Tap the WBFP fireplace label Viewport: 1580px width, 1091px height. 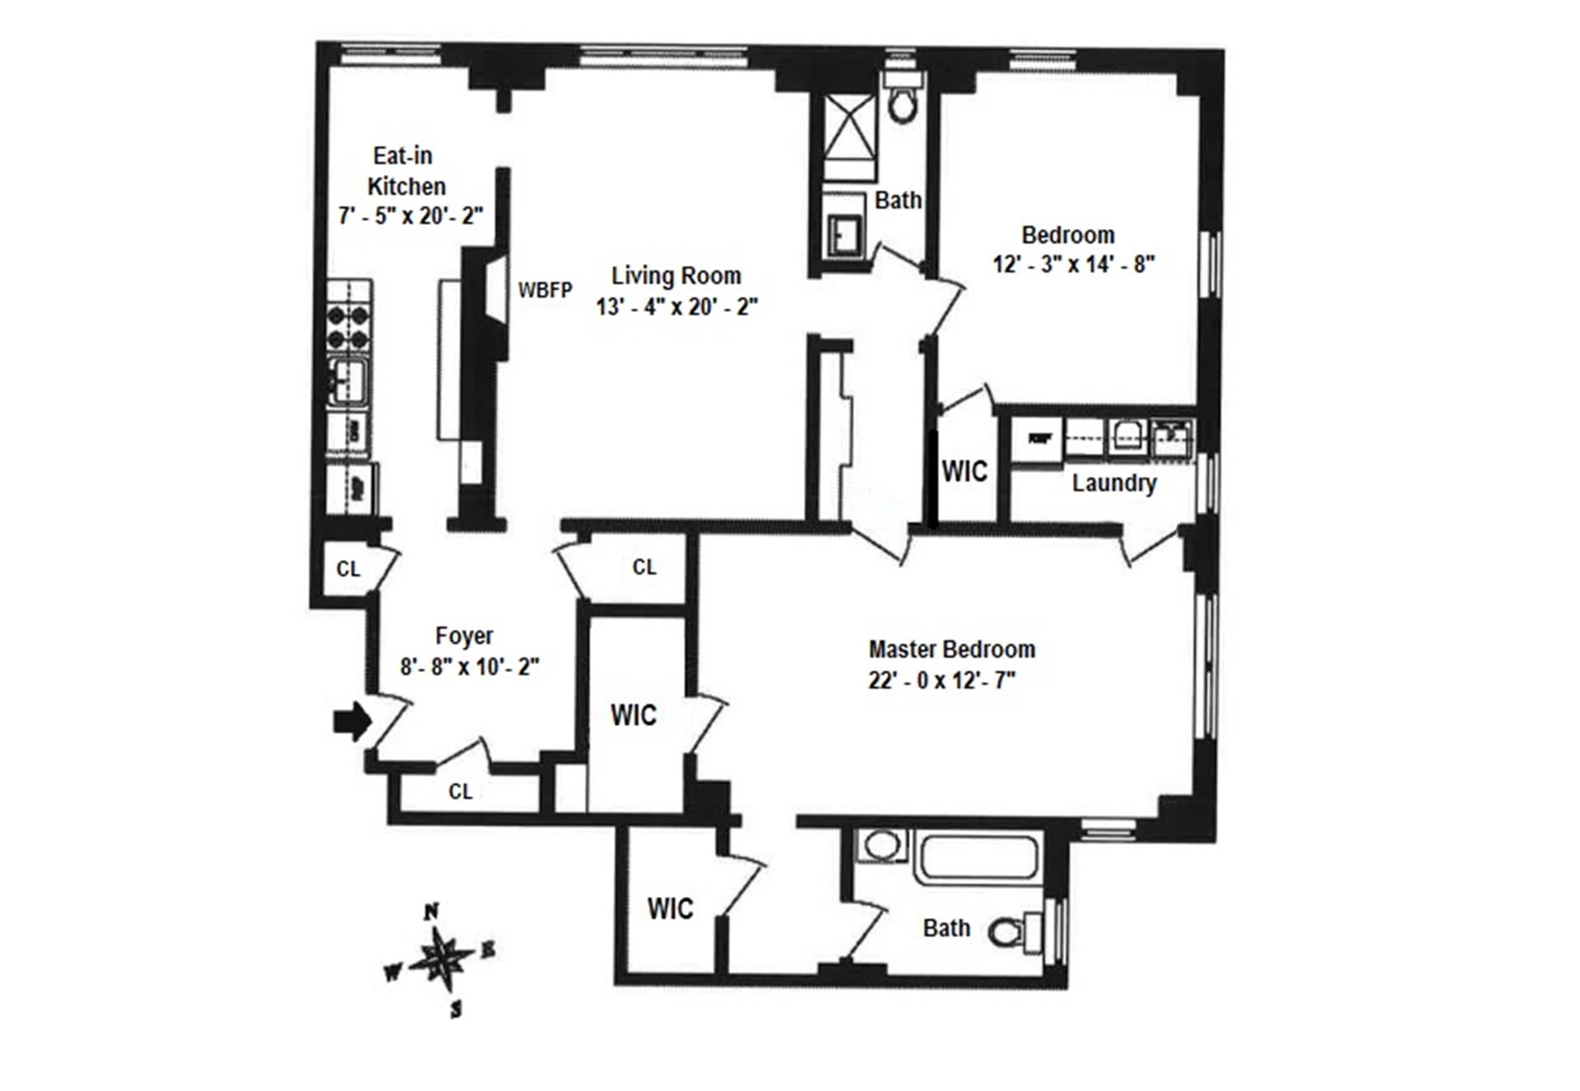point(545,290)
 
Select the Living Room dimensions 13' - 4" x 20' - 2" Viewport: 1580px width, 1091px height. point(676,307)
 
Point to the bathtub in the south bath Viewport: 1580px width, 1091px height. point(978,857)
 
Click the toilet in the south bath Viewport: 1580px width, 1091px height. point(1012,932)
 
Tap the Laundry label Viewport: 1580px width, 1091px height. point(1113,483)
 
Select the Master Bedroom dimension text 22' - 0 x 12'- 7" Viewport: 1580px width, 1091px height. point(942,681)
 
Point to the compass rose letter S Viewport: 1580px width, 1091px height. point(456,1009)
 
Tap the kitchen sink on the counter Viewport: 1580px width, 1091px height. point(349,380)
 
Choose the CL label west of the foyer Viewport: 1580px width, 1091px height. point(348,569)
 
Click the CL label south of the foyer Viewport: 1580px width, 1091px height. point(460,792)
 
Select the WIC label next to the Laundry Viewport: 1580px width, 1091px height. point(964,472)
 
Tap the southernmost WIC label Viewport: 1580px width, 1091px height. point(670,909)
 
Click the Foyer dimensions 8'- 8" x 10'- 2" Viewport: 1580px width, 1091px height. point(470,667)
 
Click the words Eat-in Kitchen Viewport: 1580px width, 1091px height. point(405,170)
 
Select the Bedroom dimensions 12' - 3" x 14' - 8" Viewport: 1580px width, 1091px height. point(1074,264)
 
